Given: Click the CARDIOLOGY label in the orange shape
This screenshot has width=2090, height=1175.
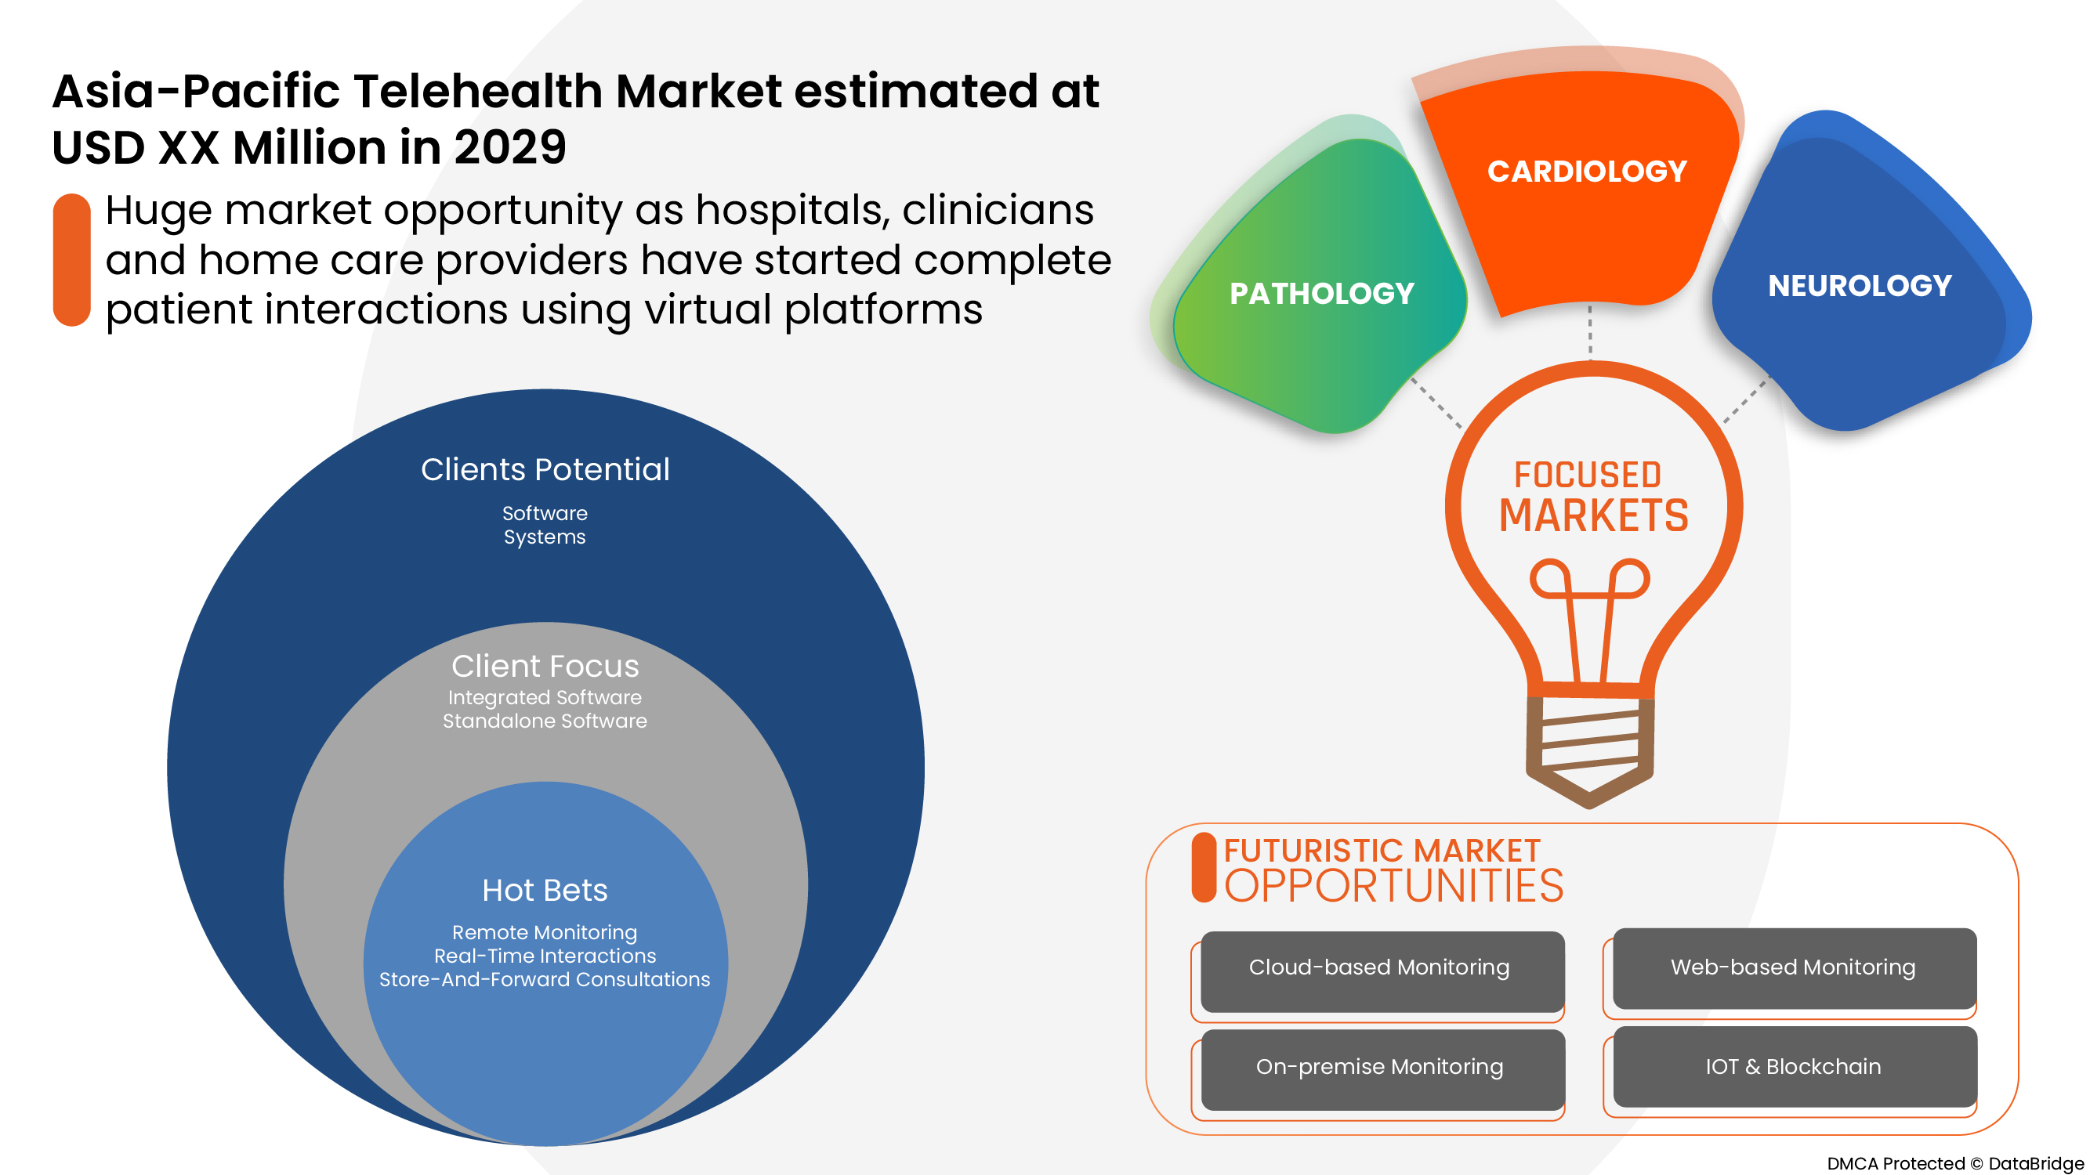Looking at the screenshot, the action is point(1587,171).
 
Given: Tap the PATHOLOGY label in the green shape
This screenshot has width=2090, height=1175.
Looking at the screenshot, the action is point(1322,294).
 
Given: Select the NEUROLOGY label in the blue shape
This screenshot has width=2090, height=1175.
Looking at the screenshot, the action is point(1860,285).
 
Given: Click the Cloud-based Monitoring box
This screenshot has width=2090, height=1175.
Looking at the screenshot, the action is point(1382,971).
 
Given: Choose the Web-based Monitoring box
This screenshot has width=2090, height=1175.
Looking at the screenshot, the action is point(1795,968).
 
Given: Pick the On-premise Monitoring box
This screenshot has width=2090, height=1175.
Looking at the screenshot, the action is point(1382,1069).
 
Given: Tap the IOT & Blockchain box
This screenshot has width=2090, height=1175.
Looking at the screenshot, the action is point(1795,1067).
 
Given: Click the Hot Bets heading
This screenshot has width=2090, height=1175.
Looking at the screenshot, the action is point(545,891).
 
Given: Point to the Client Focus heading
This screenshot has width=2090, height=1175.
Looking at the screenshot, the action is point(545,666).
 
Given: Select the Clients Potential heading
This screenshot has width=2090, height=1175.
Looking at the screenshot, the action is point(545,469).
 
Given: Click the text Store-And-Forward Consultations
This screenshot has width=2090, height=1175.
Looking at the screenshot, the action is point(545,980).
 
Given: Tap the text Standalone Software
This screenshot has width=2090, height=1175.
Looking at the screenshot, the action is point(545,721).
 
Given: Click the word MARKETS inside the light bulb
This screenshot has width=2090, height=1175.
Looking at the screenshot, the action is point(1593,515).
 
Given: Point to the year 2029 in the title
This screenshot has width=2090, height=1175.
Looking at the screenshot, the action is point(509,147).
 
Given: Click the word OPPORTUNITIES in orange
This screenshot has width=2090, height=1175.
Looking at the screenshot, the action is point(1393,885).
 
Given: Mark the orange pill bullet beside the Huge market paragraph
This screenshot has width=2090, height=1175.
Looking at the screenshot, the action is point(71,259).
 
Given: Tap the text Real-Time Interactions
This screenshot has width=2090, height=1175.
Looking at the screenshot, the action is point(545,956).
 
